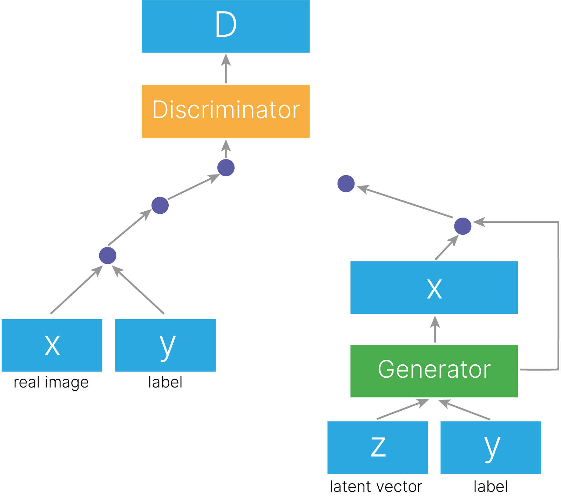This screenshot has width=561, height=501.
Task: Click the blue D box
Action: tap(226, 26)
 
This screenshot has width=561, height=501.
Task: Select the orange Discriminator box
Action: tap(226, 111)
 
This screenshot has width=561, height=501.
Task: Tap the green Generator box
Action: tap(434, 371)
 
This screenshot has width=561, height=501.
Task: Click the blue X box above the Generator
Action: tap(434, 287)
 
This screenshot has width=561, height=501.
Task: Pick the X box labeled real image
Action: tap(52, 345)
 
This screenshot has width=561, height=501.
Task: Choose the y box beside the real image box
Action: tap(165, 345)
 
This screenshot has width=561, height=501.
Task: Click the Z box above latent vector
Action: tap(378, 447)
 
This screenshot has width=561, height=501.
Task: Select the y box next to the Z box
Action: tap(491, 447)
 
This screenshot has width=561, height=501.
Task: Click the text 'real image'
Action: tap(51, 383)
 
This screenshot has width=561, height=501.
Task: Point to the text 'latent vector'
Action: tap(376, 487)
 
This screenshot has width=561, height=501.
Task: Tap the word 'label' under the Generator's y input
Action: tap(491, 487)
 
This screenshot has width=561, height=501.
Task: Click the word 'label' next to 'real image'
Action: tap(165, 382)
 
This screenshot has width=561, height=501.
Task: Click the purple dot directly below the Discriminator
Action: tap(226, 168)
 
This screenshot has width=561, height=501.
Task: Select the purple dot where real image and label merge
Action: tap(108, 255)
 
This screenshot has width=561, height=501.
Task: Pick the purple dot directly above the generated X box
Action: tap(463, 226)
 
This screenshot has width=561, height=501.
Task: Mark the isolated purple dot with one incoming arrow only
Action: tap(346, 184)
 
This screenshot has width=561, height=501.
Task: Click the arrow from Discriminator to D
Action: tap(226, 69)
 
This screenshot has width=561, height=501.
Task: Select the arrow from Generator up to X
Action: tap(435, 329)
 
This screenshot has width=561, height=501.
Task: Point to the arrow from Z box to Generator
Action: tap(403, 409)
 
